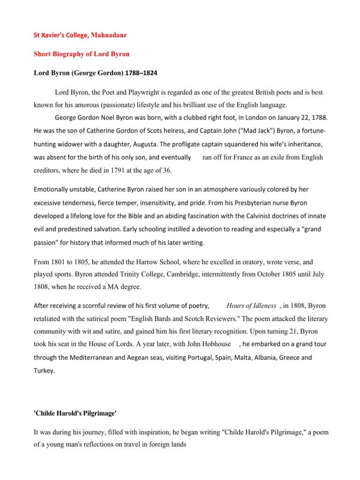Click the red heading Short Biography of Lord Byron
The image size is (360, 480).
pos(81,54)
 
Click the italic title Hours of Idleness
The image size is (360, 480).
pos(251,306)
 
